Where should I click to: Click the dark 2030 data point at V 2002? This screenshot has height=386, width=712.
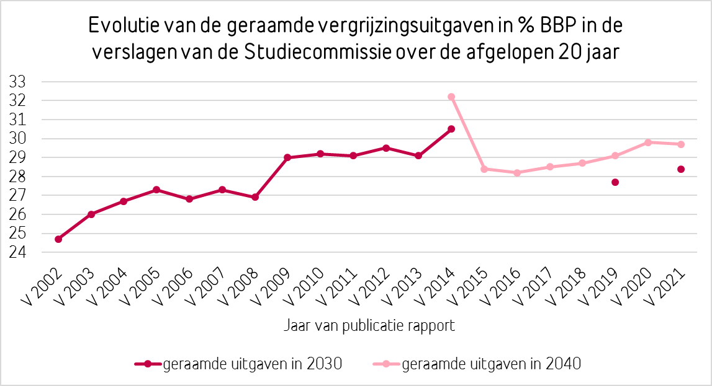58,239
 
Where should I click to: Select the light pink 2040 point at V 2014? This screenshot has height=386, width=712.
451,97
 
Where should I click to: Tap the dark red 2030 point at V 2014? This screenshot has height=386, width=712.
451,129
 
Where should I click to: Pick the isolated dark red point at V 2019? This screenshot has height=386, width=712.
615,182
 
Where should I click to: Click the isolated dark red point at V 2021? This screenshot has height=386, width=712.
681,169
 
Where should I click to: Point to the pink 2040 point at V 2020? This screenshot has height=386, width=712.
648,143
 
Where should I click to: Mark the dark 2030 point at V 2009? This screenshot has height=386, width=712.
287,157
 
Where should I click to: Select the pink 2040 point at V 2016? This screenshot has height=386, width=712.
517,173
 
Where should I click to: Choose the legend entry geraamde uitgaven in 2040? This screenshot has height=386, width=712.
491,364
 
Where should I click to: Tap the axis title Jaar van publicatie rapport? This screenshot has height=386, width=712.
371,325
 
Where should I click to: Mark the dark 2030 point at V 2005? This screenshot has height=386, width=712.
156,190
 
